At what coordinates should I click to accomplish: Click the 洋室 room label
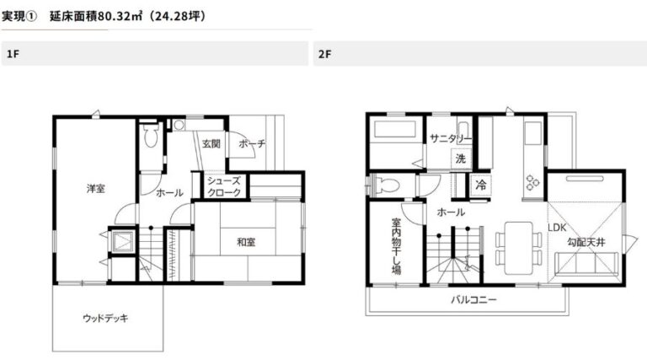pyautogui.click(x=96, y=189)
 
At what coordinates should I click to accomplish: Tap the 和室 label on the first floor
pyautogui.click(x=246, y=242)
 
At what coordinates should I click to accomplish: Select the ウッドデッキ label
pyautogui.click(x=105, y=318)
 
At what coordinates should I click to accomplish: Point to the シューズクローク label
pyautogui.click(x=224, y=186)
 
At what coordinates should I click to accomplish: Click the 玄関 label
pyautogui.click(x=211, y=143)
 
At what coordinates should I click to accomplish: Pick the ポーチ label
pyautogui.click(x=252, y=143)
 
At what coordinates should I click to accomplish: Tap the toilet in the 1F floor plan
pyautogui.click(x=152, y=135)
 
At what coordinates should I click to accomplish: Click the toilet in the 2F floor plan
pyautogui.click(x=387, y=185)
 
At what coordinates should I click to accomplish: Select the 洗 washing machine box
pyautogui.click(x=461, y=159)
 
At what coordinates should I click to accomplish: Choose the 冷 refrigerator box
pyautogui.click(x=481, y=185)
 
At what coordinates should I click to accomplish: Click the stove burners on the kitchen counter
pyautogui.click(x=532, y=182)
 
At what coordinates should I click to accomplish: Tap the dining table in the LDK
pyautogui.click(x=519, y=248)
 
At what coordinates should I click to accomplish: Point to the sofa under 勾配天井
pyautogui.click(x=586, y=263)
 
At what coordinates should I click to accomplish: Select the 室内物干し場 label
pyautogui.click(x=396, y=246)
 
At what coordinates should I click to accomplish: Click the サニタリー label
pyautogui.click(x=450, y=138)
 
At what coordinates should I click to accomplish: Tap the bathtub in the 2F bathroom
pyautogui.click(x=395, y=129)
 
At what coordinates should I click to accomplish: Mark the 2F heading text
pyautogui.click(x=324, y=54)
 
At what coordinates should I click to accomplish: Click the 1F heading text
pyautogui.click(x=13, y=54)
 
